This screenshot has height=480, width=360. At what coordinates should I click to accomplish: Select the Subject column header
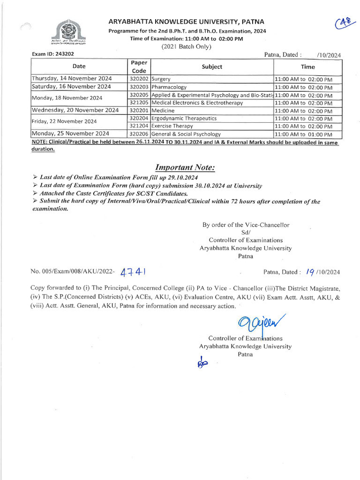click(x=212, y=67)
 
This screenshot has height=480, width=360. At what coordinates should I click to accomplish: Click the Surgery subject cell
click(x=161, y=79)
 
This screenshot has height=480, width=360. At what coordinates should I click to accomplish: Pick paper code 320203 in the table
click(x=139, y=87)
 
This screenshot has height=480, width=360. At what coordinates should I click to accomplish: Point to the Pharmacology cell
click(x=169, y=87)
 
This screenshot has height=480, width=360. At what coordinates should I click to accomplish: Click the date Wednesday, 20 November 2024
click(x=75, y=111)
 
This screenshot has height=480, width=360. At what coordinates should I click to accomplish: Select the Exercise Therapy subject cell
click(x=172, y=126)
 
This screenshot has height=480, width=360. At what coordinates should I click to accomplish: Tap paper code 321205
click(x=139, y=103)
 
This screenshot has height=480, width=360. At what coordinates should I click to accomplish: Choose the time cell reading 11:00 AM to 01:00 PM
click(x=303, y=134)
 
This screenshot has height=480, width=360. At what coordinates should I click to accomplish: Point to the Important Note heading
click(x=185, y=168)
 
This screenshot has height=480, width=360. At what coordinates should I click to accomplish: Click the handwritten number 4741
click(x=135, y=272)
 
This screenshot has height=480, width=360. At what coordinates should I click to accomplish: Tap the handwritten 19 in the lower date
click(x=310, y=271)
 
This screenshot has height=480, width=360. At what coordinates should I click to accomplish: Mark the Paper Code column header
click(x=139, y=67)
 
